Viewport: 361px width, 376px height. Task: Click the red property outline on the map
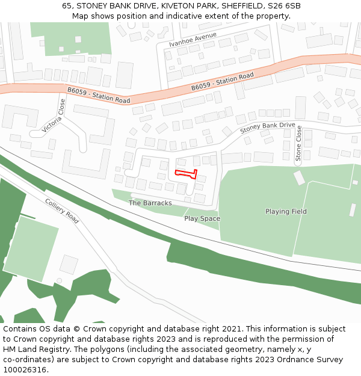(186, 174)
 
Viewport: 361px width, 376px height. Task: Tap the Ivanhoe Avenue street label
(193, 40)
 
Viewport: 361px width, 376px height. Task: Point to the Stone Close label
(298, 144)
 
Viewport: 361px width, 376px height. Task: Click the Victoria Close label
(54, 116)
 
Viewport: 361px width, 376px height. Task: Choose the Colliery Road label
(62, 211)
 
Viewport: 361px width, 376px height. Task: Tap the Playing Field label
(286, 212)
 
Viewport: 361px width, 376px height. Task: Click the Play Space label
(202, 218)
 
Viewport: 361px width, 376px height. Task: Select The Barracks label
(150, 203)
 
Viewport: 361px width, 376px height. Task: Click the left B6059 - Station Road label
(99, 95)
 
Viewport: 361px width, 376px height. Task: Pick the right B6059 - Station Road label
(223, 82)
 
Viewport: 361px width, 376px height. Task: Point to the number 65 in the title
(67, 6)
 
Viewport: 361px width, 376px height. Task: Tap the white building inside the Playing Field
(299, 178)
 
